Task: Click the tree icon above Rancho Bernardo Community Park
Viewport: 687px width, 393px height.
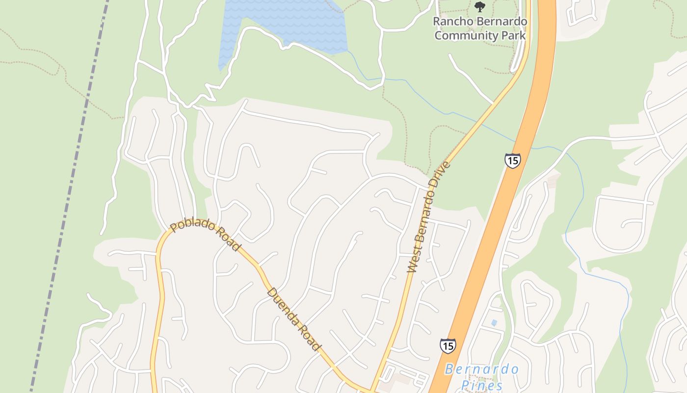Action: click(480, 7)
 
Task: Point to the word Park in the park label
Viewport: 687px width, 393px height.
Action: click(515, 35)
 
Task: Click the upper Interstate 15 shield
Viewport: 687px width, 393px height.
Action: click(512, 161)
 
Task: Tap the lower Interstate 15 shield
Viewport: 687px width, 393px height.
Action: click(447, 345)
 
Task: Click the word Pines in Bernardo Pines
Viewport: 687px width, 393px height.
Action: click(482, 385)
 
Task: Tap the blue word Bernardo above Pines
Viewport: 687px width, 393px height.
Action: click(482, 369)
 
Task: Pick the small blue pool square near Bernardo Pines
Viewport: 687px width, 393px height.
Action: click(494, 323)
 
